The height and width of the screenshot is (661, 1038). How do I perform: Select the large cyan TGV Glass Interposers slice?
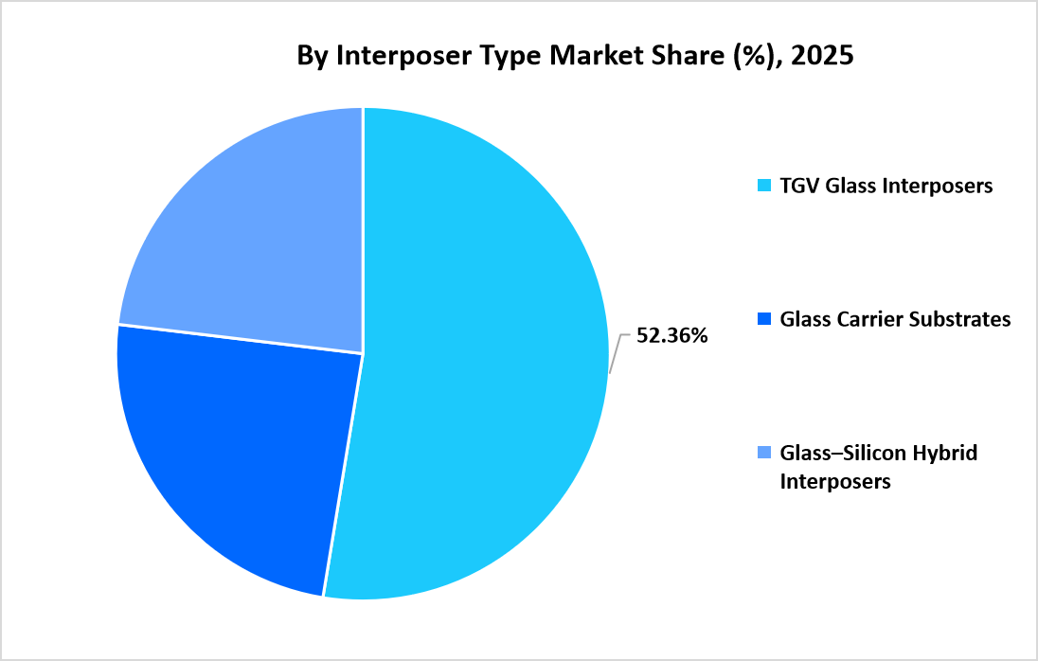(483, 379)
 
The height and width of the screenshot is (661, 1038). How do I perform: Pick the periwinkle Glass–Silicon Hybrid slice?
(256, 237)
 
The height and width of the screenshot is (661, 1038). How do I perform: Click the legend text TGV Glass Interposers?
(886, 186)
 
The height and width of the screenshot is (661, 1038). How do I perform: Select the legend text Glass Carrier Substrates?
(895, 319)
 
